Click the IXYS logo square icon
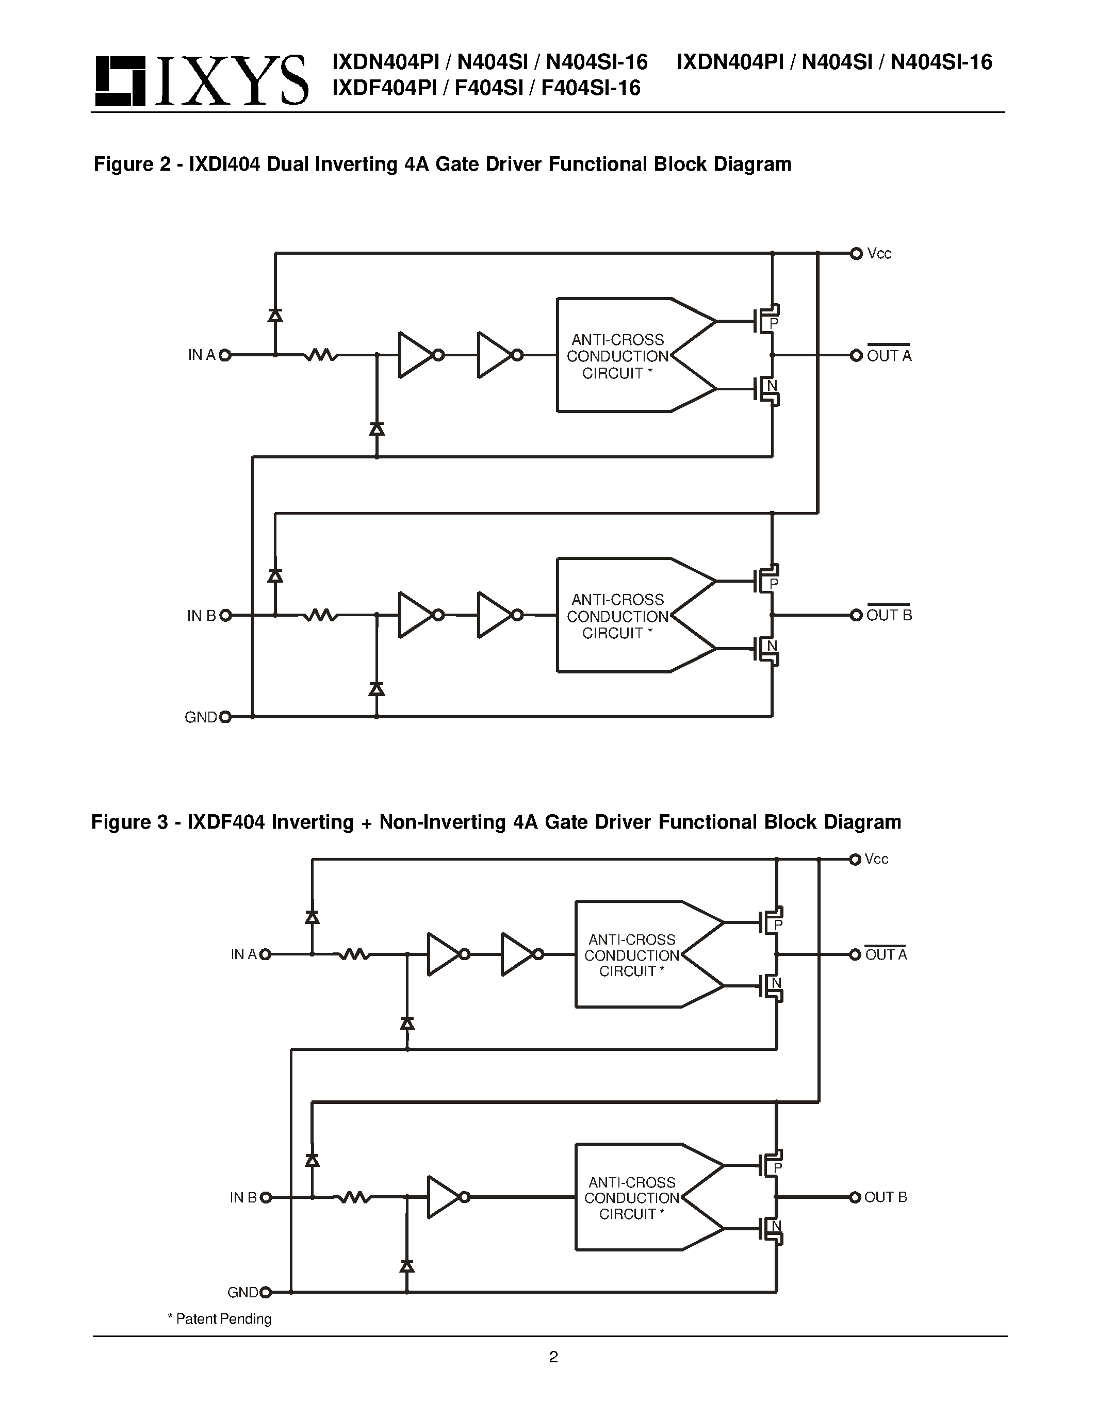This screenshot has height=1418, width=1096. (x=120, y=81)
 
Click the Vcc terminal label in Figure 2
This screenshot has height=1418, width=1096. (x=879, y=254)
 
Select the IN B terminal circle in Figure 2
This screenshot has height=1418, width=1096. (x=225, y=616)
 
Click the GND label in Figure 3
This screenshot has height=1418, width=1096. (x=243, y=1293)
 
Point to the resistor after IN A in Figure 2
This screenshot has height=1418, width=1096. (x=321, y=355)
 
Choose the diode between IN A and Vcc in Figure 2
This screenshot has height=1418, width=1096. (x=275, y=316)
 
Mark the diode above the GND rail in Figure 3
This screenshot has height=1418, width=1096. (x=407, y=1266)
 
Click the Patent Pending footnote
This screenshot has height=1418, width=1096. (x=220, y=1318)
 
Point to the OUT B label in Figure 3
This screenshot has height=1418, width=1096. (x=885, y=1197)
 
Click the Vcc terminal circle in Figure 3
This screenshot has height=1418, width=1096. (x=855, y=859)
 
